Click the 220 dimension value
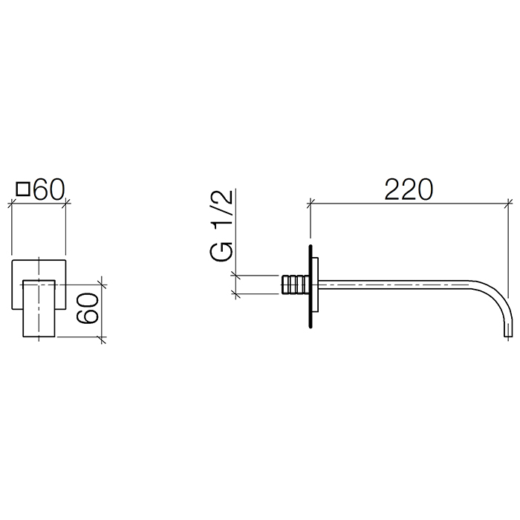pyautogui.click(x=409, y=189)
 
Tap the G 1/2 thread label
pyautogui.click(x=221, y=226)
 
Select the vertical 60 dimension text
pyautogui.click(x=88, y=308)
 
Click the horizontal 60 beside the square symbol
pyautogui.click(x=49, y=190)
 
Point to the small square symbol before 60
pyautogui.click(x=23, y=189)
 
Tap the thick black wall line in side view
pyautogui.click(x=311, y=287)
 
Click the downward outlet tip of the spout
pyautogui.click(x=508, y=336)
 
